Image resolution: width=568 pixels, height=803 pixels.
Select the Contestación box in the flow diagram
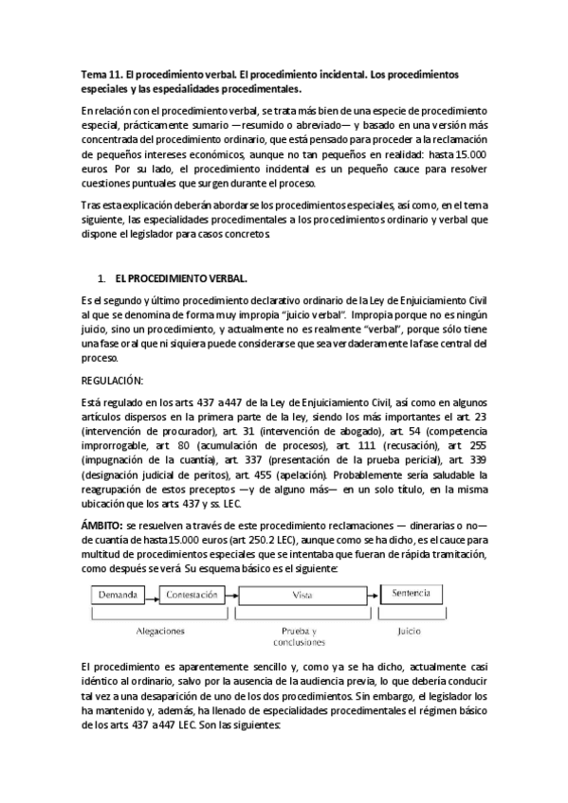pyautogui.click(x=196, y=596)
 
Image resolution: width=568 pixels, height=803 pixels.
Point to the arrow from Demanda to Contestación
pyautogui.click(x=156, y=596)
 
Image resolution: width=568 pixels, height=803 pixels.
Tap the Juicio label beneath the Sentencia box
pyautogui.click(x=410, y=629)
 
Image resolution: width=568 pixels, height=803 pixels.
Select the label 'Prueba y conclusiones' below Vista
pyautogui.click(x=300, y=633)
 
